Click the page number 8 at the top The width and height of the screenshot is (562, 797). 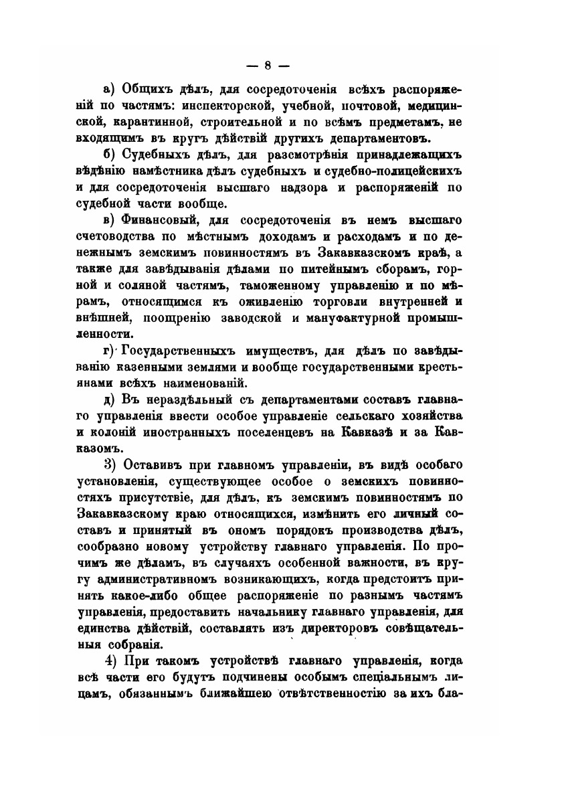coord(267,65)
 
